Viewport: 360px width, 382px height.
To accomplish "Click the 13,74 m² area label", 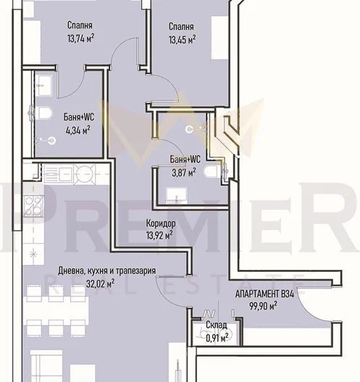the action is [x=80, y=38].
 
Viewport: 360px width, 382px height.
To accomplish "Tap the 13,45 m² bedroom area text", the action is [x=183, y=40].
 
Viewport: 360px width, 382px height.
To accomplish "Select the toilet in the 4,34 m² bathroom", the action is [x=44, y=114].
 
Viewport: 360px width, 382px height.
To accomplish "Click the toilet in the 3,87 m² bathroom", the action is [x=213, y=171].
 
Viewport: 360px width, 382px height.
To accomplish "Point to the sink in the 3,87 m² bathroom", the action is [x=176, y=195].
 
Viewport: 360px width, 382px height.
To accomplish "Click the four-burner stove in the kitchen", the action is [x=34, y=206].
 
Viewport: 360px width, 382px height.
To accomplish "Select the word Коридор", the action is [x=161, y=223].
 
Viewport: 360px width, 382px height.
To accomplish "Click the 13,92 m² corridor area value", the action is [x=159, y=235].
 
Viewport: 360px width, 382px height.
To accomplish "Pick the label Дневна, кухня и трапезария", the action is [x=106, y=271].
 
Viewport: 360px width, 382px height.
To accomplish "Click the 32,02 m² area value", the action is [x=100, y=284].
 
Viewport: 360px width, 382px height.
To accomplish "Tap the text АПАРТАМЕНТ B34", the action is [x=264, y=294].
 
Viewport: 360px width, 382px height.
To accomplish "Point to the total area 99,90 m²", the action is [x=263, y=305].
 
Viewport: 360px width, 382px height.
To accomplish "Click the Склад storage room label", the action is [x=217, y=325].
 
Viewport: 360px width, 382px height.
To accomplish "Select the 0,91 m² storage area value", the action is [x=217, y=338].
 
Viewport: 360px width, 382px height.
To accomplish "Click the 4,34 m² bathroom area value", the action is [x=78, y=130].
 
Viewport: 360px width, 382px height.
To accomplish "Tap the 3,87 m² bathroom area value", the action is [x=184, y=172].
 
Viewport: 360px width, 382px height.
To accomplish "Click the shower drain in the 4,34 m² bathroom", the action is [x=51, y=140].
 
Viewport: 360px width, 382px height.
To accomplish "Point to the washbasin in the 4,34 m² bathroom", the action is [x=45, y=85].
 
